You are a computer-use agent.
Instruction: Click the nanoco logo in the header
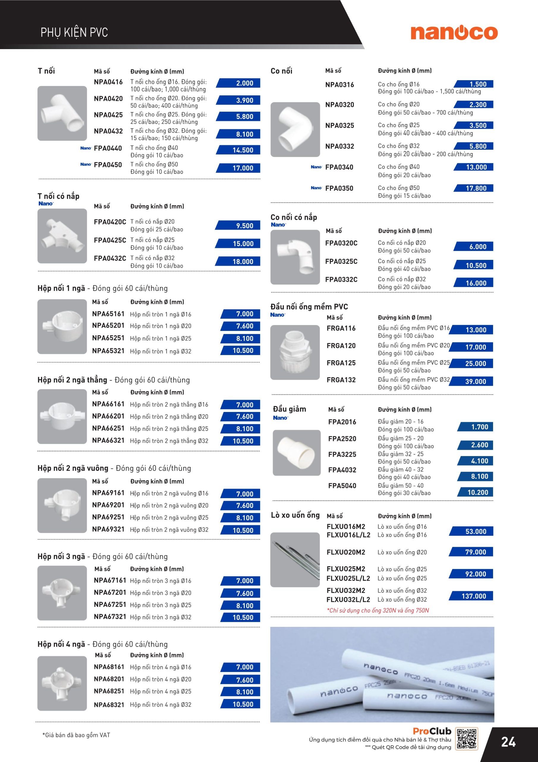point(454,33)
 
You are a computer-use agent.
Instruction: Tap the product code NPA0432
point(108,131)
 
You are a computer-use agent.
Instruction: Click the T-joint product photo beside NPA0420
point(62,113)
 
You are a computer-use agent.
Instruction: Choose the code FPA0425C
point(110,240)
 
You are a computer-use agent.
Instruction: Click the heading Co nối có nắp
point(293,217)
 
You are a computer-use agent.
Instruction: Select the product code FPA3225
point(342,454)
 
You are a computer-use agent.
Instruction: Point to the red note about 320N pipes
point(377,610)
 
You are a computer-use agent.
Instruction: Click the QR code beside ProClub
point(467,738)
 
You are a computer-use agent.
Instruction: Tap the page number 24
point(508,742)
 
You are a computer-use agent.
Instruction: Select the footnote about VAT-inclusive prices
point(76,735)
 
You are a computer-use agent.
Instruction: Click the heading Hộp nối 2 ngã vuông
point(73,468)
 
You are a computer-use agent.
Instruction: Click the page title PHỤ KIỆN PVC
point(74,32)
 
